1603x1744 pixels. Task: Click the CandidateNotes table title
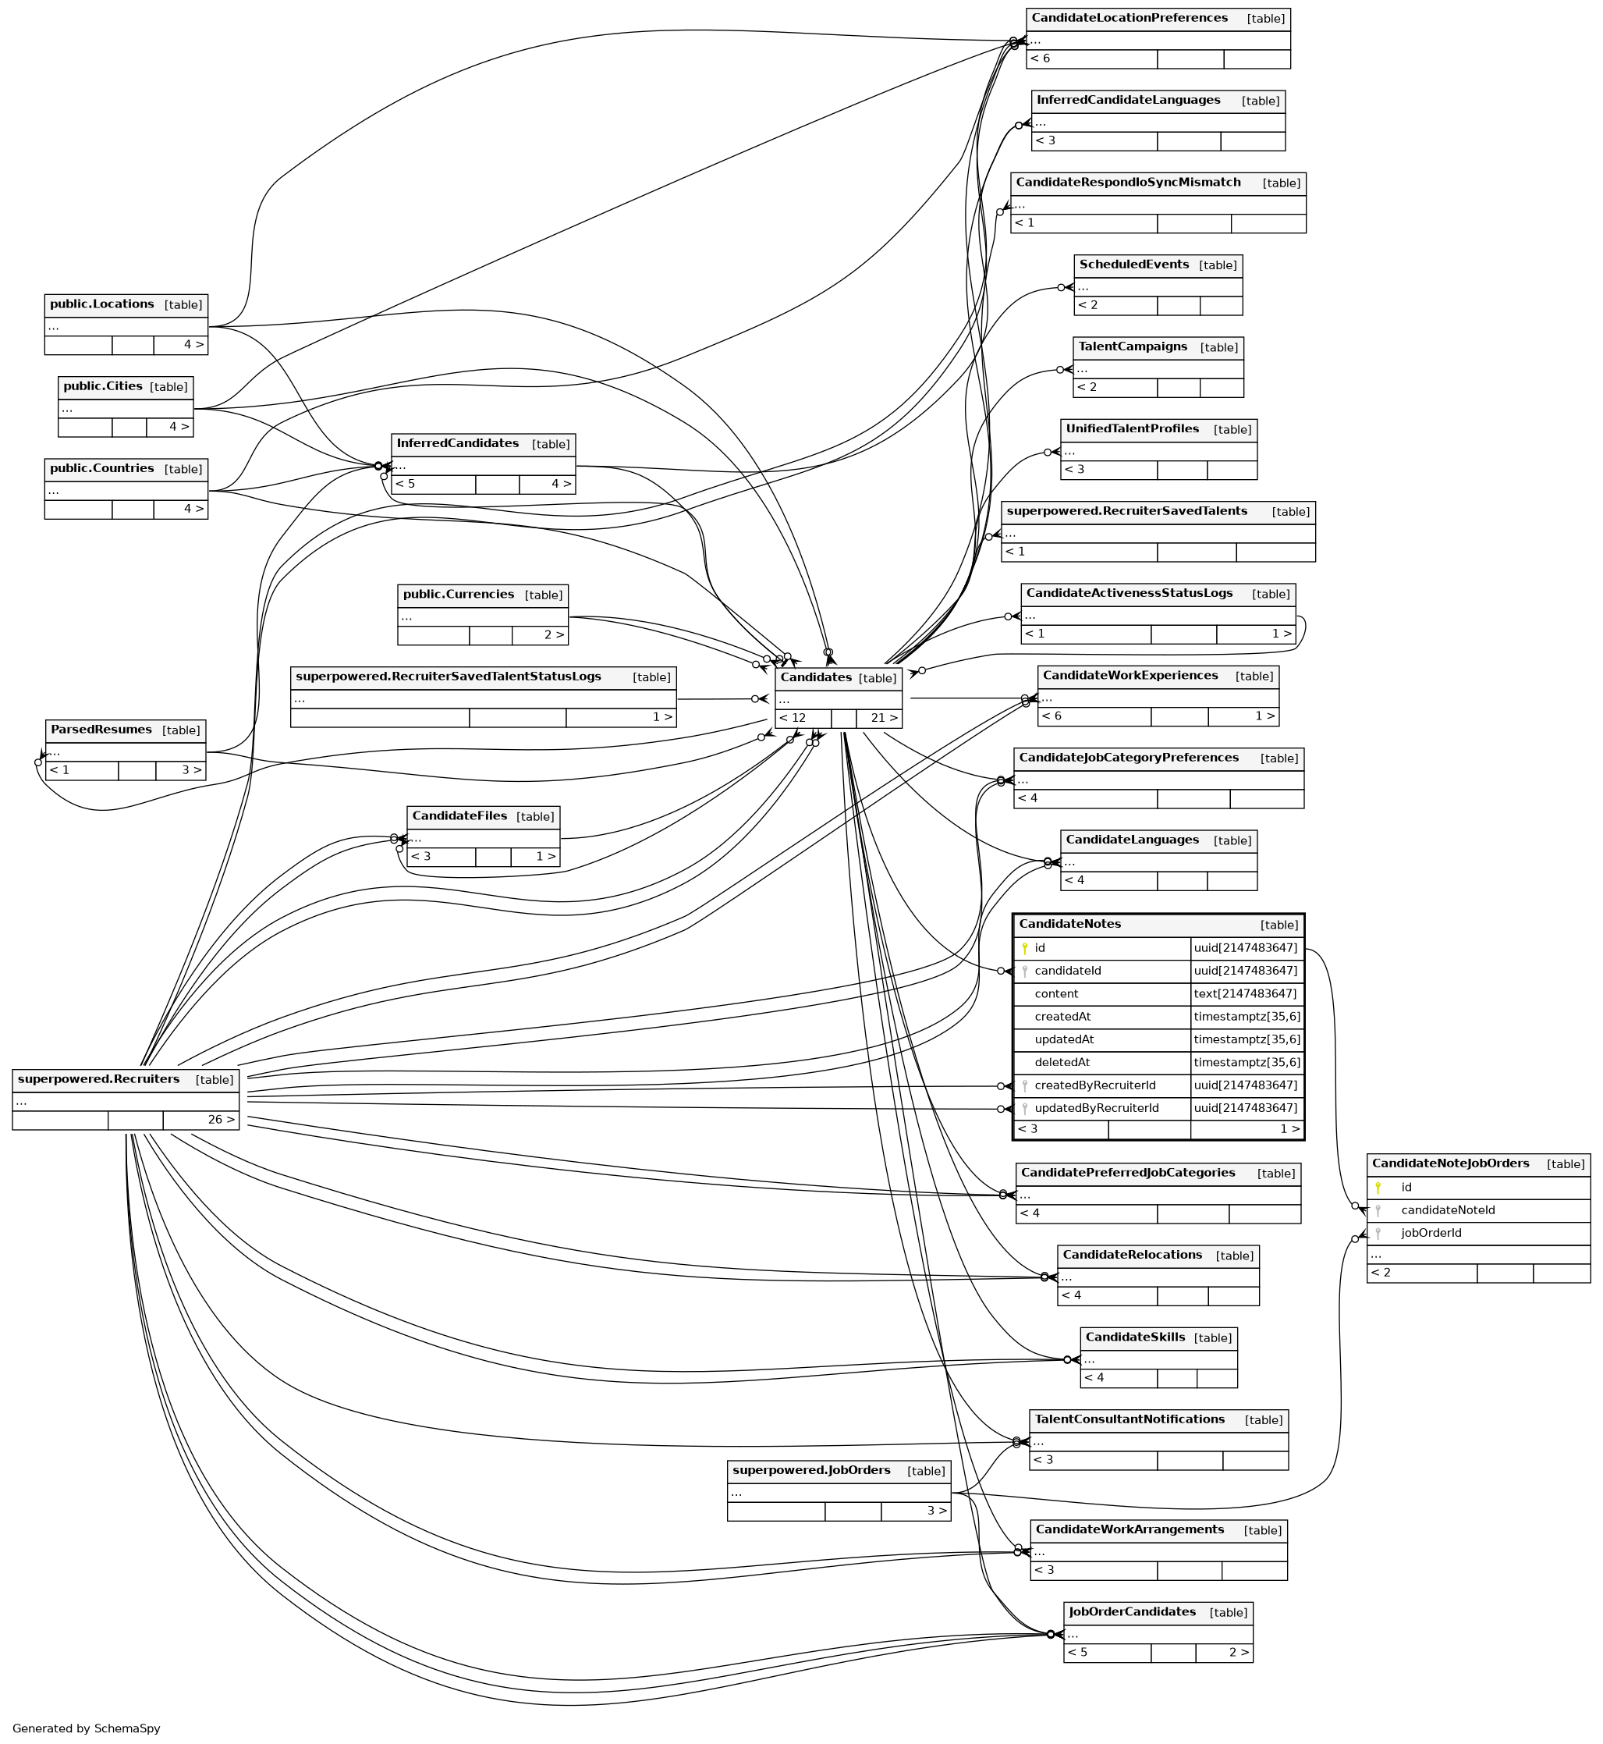point(1069,924)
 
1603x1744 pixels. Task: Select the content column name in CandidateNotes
point(1055,993)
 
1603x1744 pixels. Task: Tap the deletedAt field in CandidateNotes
point(1062,1062)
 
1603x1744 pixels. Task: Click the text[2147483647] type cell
point(1245,993)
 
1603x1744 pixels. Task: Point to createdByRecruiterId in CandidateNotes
point(1094,1085)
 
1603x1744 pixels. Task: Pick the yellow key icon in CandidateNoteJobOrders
point(1378,1188)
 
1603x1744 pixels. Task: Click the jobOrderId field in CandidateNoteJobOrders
point(1431,1233)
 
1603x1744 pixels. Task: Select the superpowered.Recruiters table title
point(99,1079)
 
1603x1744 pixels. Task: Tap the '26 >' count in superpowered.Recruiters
point(222,1119)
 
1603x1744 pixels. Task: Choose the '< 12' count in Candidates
point(793,718)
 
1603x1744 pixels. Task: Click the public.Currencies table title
point(458,595)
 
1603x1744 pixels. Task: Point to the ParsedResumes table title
point(101,730)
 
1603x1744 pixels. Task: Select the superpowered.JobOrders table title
point(811,1470)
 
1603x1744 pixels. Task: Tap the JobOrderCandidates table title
point(1132,1611)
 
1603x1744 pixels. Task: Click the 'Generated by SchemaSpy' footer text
point(86,1728)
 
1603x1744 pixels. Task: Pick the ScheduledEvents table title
point(1133,265)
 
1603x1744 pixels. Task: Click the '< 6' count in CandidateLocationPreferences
point(1040,59)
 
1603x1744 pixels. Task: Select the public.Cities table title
point(102,386)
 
